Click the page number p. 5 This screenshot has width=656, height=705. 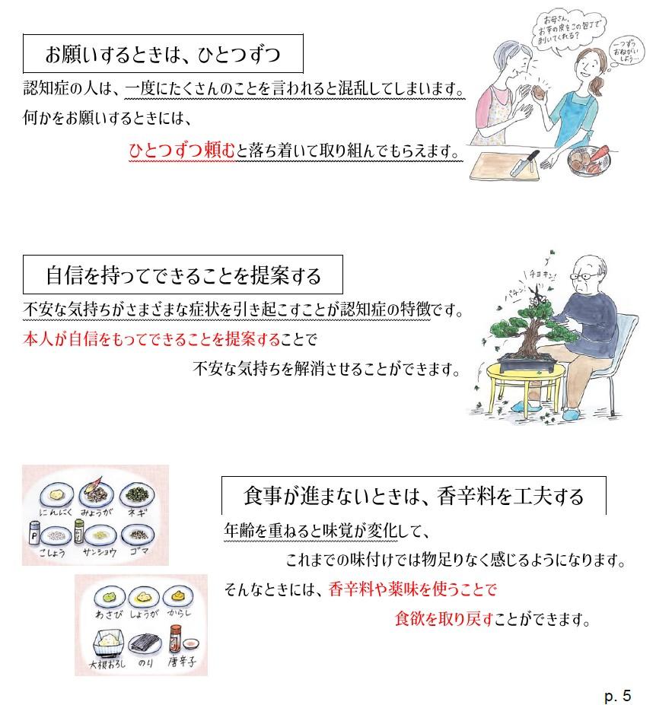point(618,695)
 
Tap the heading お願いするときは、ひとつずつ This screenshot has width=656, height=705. point(163,55)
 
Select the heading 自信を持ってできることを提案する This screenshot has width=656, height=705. point(183,275)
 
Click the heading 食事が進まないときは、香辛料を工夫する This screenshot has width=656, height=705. point(413,496)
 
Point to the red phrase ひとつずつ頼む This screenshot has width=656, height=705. point(182,150)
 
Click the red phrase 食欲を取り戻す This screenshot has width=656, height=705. point(444,619)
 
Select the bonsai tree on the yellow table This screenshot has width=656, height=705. point(527,335)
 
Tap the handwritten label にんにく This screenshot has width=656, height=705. point(56,512)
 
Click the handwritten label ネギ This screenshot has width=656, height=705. point(137,512)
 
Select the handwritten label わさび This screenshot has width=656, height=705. point(109,614)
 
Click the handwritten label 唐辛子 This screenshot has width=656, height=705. point(182,662)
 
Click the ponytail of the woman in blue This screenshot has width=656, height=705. point(597,84)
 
